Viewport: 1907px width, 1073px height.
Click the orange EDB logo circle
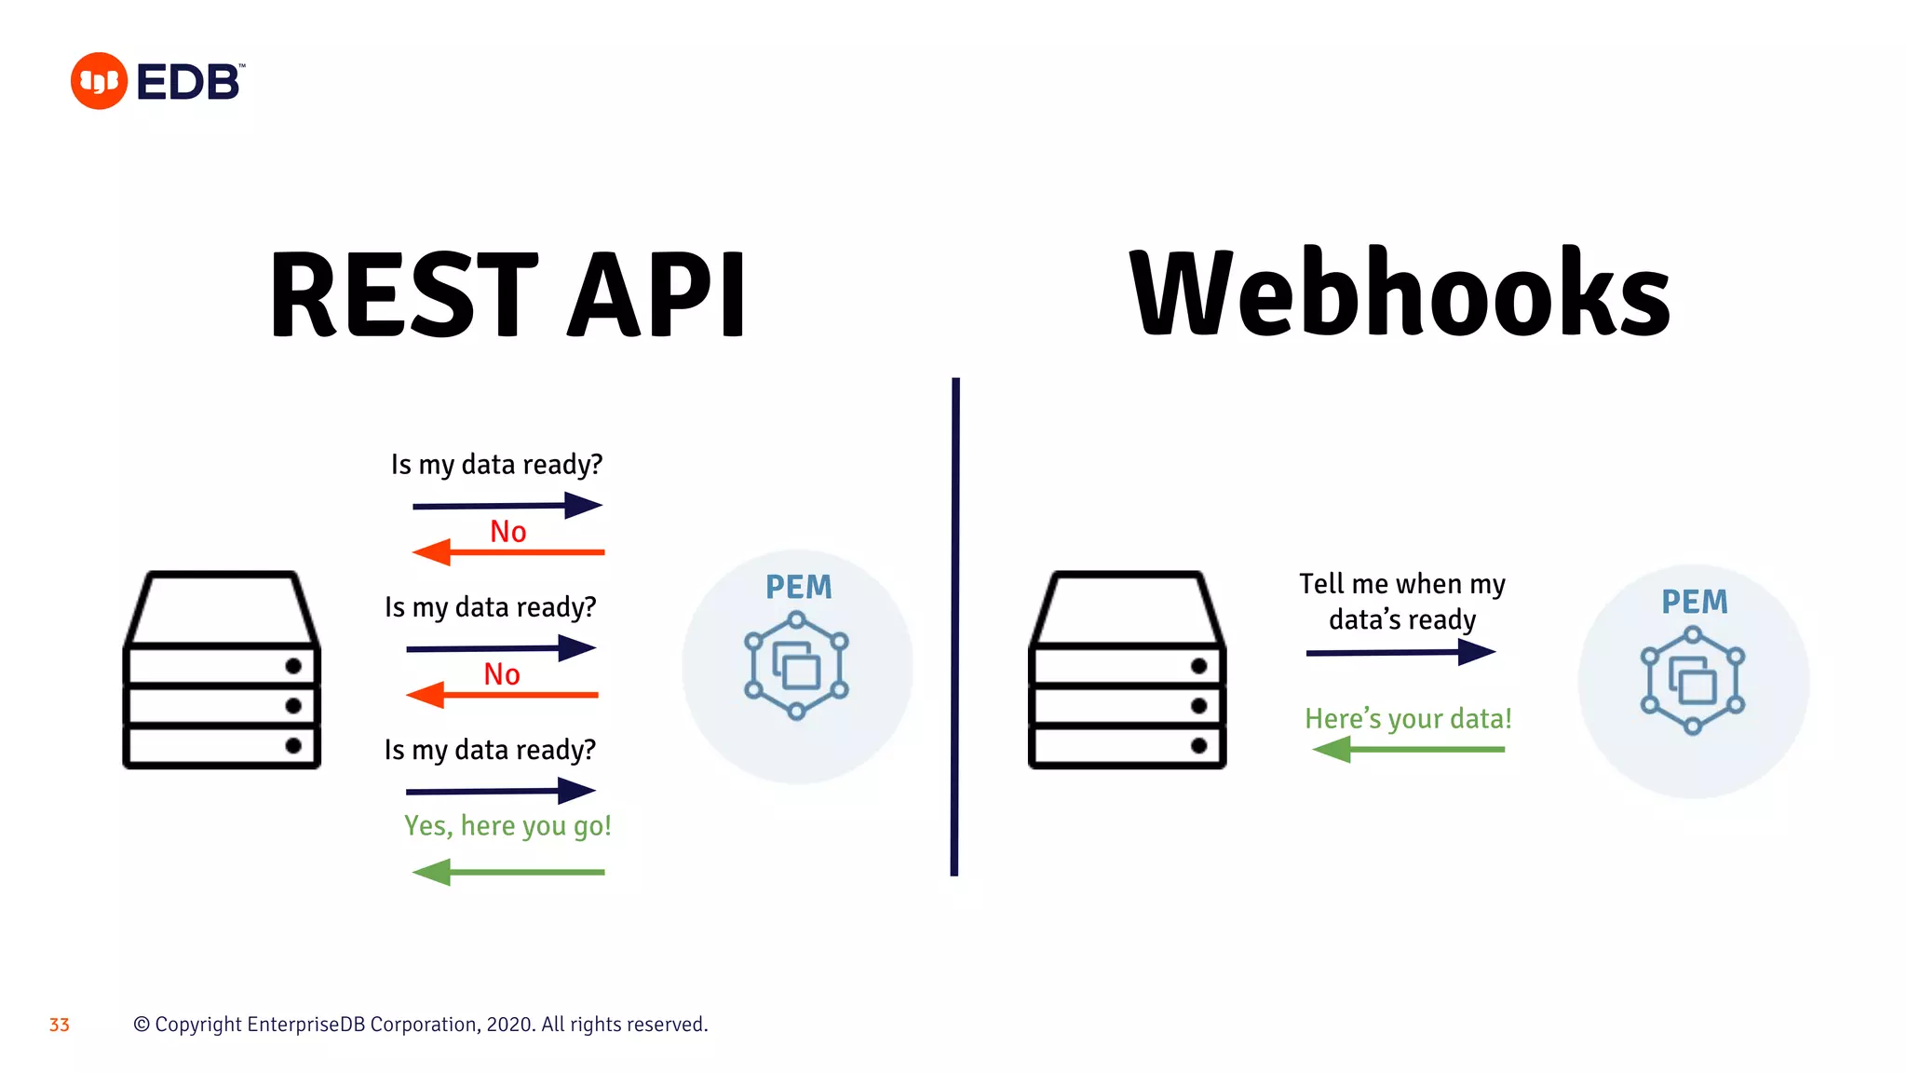pos(99,81)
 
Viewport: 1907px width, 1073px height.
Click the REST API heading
pos(507,294)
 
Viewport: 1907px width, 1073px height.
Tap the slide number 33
pos(60,1025)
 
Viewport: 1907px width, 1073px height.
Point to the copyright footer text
pos(421,1025)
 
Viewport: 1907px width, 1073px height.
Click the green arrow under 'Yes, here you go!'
pos(508,872)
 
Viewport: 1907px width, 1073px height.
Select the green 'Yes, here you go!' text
pos(507,826)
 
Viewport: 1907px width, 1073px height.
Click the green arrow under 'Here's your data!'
pos(1408,749)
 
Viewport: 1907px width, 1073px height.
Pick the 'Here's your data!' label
pos(1408,719)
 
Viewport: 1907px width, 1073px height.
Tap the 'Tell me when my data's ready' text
pos(1402,602)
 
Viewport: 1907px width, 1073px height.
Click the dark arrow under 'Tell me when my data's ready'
pos(1400,652)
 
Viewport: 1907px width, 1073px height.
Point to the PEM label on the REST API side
pos(799,588)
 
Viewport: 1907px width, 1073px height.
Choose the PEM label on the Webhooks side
pos(1695,603)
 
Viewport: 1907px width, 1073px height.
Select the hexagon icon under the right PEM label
pos(1693,681)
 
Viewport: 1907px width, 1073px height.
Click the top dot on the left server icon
pos(293,666)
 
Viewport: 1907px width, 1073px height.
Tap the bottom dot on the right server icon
pos(1199,745)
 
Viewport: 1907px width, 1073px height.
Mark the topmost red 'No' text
pos(508,532)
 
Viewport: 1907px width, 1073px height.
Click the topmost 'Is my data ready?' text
pos(497,465)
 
